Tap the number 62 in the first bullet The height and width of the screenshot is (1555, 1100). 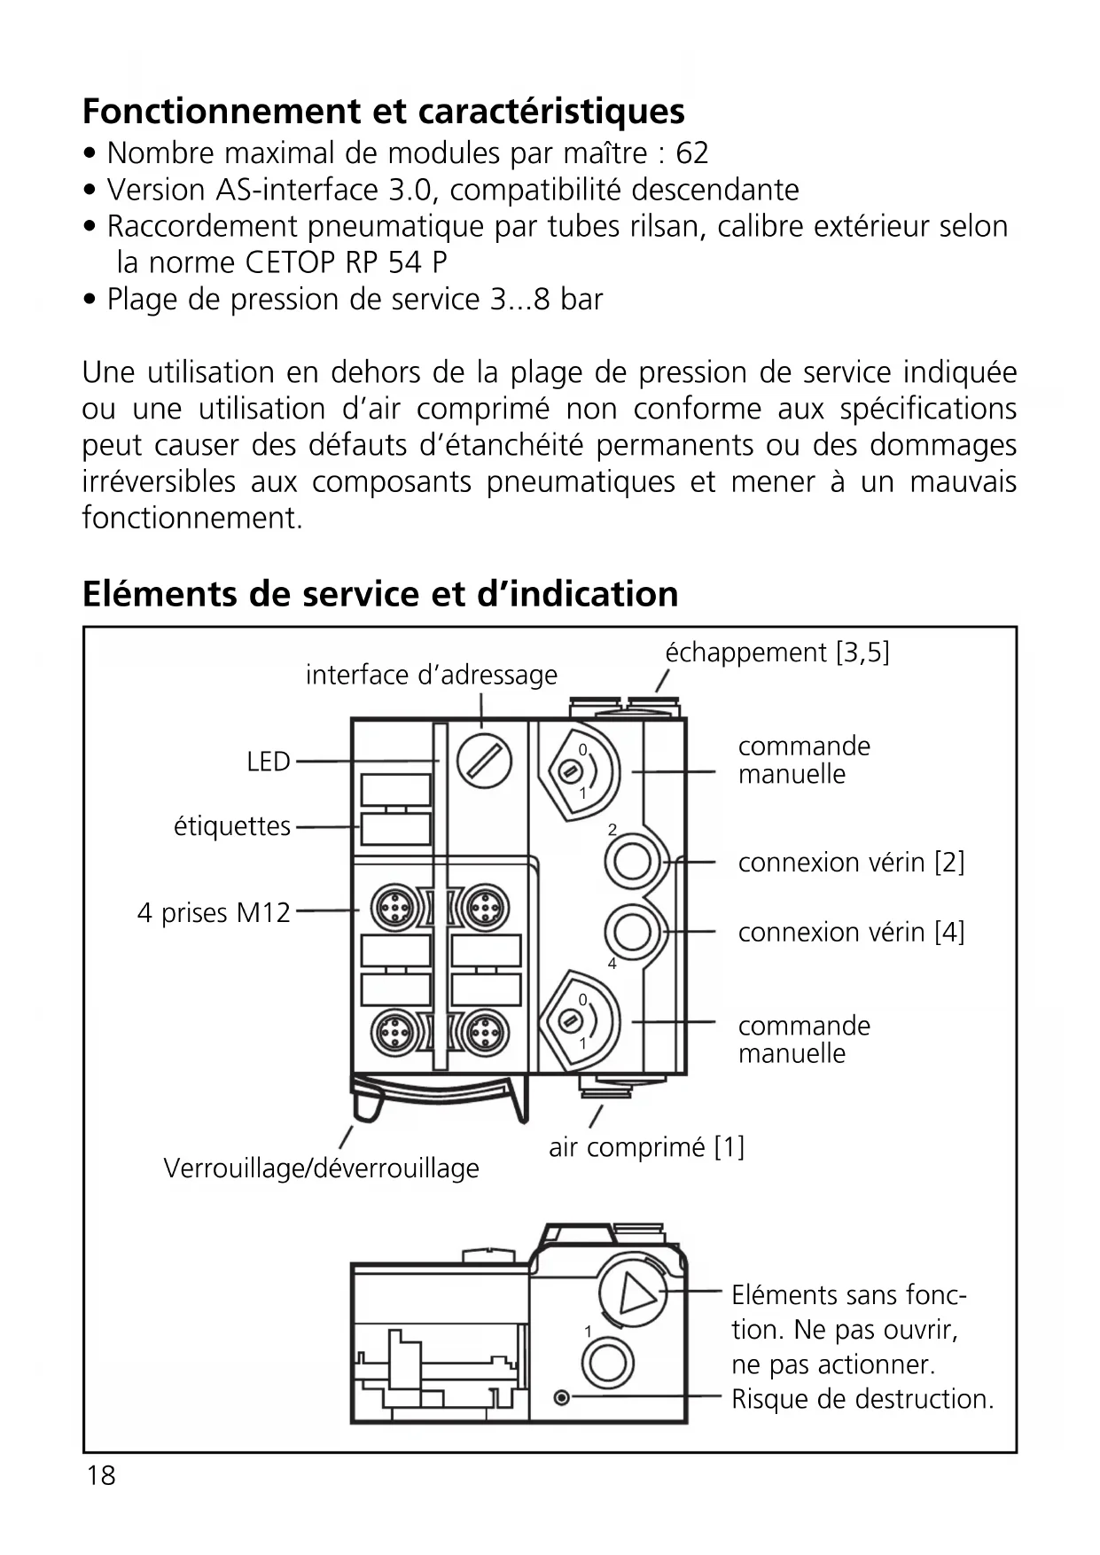[x=691, y=153]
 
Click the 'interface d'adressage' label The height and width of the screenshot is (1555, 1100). [x=432, y=676]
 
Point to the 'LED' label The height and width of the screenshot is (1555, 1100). [x=268, y=762]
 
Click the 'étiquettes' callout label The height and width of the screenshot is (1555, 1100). [x=231, y=826]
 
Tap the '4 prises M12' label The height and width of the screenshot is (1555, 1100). [x=214, y=912]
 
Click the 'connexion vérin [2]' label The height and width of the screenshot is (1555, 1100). [x=851, y=862]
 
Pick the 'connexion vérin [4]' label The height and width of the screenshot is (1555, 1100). [x=851, y=932]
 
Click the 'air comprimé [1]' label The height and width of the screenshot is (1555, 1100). [x=646, y=1147]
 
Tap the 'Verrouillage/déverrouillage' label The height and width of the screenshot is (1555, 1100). [x=321, y=1168]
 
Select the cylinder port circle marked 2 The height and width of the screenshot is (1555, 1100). [x=632, y=861]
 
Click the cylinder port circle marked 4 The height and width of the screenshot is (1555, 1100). [x=632, y=932]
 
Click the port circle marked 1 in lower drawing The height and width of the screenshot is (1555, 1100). [x=607, y=1362]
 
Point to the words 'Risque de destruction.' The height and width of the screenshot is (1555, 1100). [x=862, y=1399]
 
